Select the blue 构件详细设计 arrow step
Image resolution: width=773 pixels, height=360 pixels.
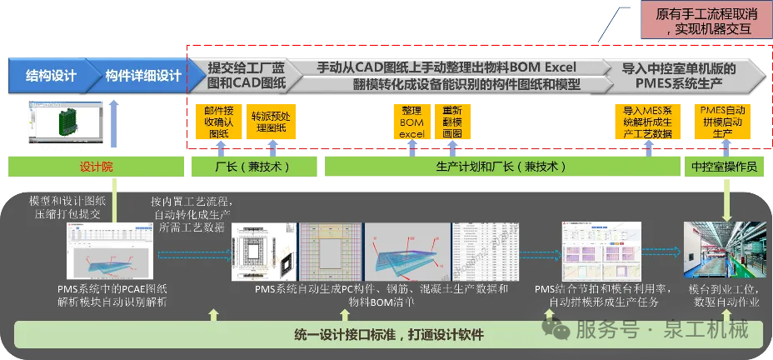click(143, 76)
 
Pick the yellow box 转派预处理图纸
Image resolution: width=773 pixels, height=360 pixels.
click(269, 122)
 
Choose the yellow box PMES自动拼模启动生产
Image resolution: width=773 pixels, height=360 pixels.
click(722, 122)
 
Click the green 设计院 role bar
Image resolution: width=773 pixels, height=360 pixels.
click(96, 167)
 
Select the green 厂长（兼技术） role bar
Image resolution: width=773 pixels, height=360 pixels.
click(252, 167)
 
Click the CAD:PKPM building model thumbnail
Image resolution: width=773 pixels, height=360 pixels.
click(64, 123)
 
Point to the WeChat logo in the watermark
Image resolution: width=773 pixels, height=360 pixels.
click(557, 328)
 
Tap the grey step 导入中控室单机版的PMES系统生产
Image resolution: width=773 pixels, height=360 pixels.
click(683, 76)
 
